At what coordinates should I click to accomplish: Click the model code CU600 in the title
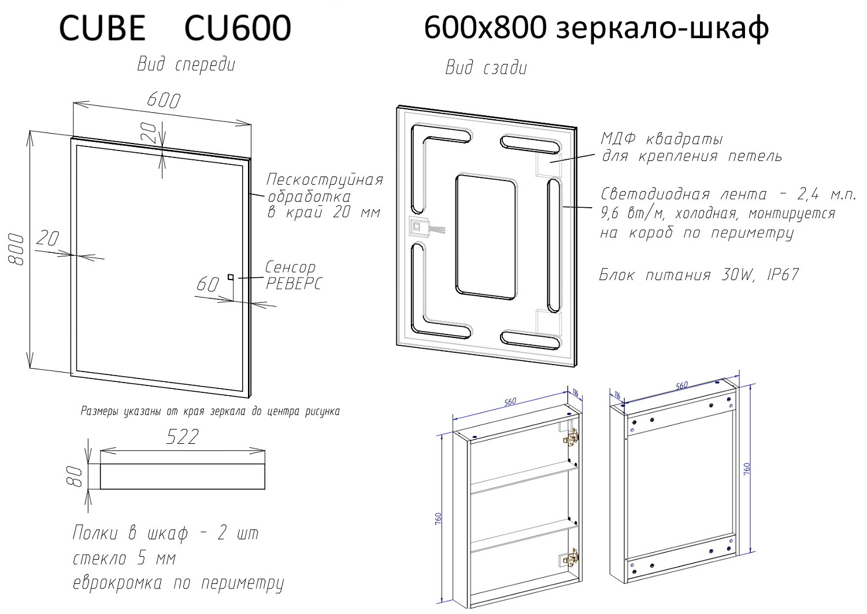(x=237, y=28)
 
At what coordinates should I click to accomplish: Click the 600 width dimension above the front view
(x=164, y=100)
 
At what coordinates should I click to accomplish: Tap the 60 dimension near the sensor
(x=208, y=284)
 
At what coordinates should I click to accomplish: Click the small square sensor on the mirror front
(x=231, y=277)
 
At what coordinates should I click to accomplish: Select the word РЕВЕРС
(x=293, y=284)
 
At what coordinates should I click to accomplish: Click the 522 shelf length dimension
(x=182, y=437)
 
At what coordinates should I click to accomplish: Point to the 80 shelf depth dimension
(x=75, y=476)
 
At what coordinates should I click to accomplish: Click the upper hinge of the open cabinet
(x=570, y=439)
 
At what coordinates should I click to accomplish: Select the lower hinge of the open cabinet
(x=570, y=558)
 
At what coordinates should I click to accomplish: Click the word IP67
(x=783, y=275)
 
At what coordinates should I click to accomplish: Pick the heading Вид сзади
(x=486, y=68)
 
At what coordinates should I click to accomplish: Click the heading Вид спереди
(x=186, y=65)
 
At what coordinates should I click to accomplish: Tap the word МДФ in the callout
(x=618, y=139)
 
